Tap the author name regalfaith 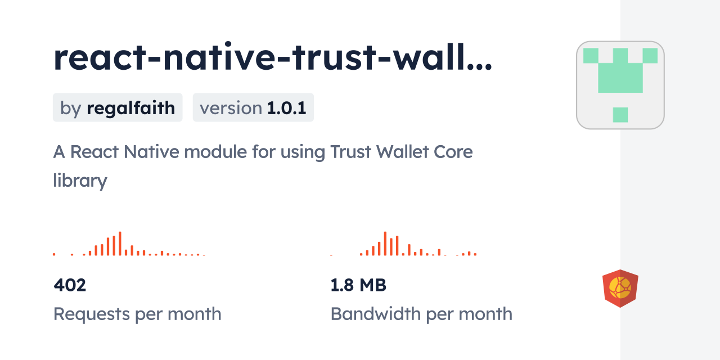(130, 107)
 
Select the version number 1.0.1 (286, 107)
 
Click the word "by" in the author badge (71, 107)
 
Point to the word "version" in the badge (231, 107)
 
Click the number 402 (70, 285)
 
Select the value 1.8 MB (358, 285)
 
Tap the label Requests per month (137, 314)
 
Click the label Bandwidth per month (421, 314)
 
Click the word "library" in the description (80, 181)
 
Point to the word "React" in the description (94, 152)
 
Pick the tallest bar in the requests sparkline (120, 244)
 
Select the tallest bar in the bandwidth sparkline (385, 244)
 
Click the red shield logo (620, 289)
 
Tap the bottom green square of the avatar (620, 115)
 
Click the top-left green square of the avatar (591, 56)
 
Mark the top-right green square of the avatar (650, 56)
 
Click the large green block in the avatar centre (620, 78)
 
